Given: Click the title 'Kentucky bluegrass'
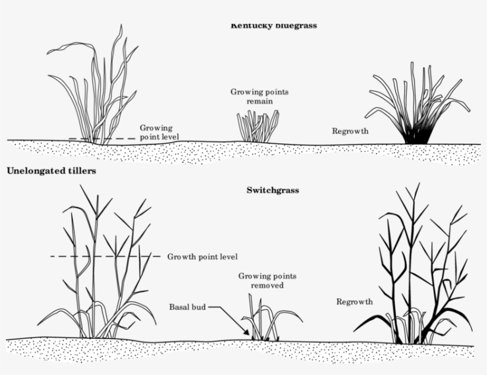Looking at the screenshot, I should [273, 26].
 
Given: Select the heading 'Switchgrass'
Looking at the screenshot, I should [273, 191].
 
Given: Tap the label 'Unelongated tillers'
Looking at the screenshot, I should [51, 171].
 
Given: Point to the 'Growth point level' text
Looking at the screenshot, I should [203, 257].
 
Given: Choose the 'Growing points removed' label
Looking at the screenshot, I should [267, 281].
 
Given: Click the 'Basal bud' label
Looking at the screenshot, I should [188, 307].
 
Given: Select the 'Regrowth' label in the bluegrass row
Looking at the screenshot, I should [350, 131].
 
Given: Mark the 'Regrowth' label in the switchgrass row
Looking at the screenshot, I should [355, 301].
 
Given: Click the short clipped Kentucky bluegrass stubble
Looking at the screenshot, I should [257, 127].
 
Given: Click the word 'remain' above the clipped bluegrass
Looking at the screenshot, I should [260, 101].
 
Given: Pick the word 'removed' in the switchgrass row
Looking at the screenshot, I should [267, 285].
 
